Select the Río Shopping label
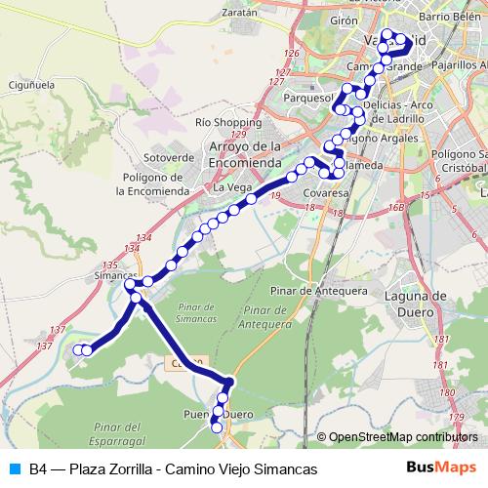pos(222,123)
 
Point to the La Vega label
pos(232,186)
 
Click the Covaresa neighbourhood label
pos(326,194)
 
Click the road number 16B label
pos(394,208)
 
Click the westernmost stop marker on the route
pos(79,350)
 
